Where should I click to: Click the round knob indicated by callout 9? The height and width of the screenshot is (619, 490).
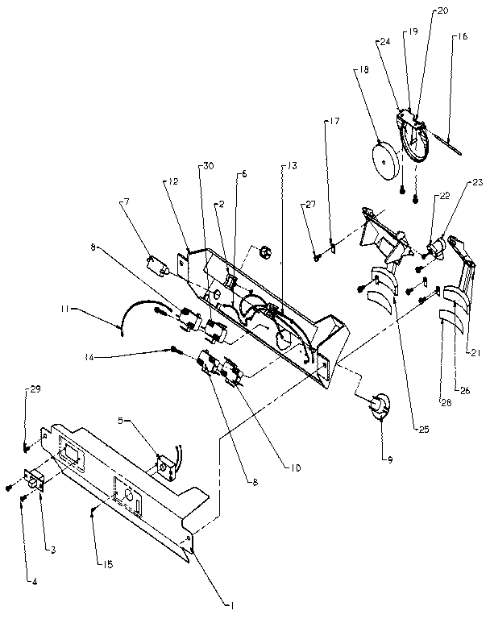coord(377,407)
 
